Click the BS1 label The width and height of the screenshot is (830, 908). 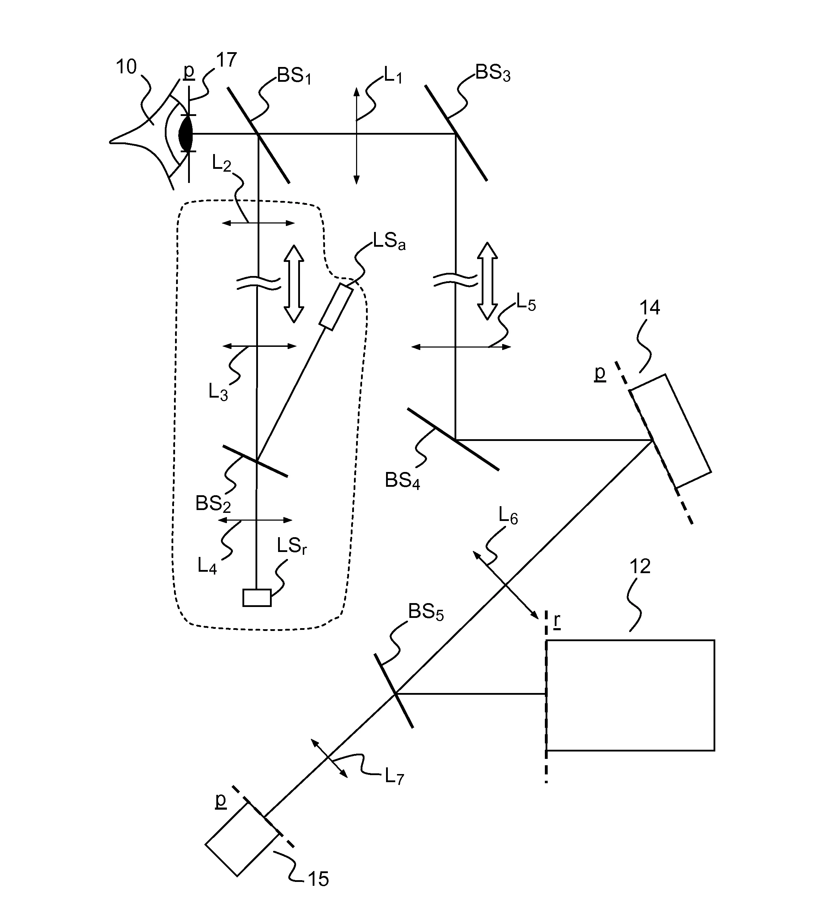[x=294, y=76]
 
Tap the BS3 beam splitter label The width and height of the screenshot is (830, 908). [x=492, y=73]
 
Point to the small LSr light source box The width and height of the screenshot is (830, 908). [x=257, y=598]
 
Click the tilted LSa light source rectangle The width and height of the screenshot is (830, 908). [x=336, y=307]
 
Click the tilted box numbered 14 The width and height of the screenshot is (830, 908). [x=670, y=431]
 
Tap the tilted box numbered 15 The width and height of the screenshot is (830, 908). [x=242, y=840]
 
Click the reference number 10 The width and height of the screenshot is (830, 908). [x=126, y=67]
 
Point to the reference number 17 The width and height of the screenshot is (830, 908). [x=226, y=60]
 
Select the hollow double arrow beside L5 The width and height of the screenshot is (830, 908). [x=487, y=281]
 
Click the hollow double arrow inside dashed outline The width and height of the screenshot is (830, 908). [x=294, y=284]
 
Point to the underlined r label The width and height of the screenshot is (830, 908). [x=557, y=621]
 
